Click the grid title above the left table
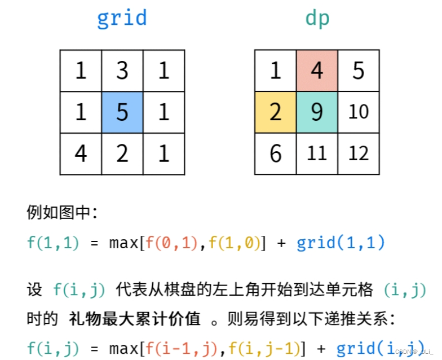[122, 19]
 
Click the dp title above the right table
[317, 19]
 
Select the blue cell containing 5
[122, 112]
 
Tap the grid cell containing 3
[122, 71]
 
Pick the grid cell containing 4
[81, 153]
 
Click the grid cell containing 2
[122, 153]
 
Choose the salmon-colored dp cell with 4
[317, 71]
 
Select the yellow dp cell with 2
[276, 112]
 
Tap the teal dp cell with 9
[317, 112]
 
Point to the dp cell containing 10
[359, 112]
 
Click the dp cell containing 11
[317, 153]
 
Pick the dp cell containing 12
[359, 153]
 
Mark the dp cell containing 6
[276, 153]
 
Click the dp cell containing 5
[359, 71]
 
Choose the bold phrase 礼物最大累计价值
[135, 319]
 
